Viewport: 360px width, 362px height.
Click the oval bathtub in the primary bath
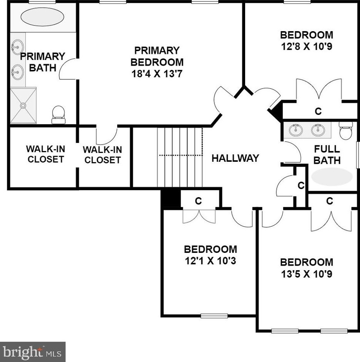43,17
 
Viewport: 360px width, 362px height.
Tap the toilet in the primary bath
58,115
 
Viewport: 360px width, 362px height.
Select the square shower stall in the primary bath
23,106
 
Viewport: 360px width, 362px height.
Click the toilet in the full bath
346,131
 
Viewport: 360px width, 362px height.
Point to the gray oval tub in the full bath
332,176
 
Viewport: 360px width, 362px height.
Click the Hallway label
235,158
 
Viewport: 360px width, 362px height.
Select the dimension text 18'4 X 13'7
157,74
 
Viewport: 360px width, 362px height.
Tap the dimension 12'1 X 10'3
211,261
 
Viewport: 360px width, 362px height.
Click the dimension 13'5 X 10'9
307,274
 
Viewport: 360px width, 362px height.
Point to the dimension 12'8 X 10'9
307,46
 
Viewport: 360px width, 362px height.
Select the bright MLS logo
33,352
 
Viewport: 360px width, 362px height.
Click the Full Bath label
327,154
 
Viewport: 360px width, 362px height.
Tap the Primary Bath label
43,62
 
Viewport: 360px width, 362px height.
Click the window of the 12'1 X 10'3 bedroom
214,316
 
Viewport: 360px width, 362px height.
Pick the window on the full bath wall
358,155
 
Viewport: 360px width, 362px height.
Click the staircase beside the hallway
180,158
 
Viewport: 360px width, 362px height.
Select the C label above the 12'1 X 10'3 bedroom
199,201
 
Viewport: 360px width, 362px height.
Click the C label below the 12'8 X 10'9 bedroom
318,111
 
